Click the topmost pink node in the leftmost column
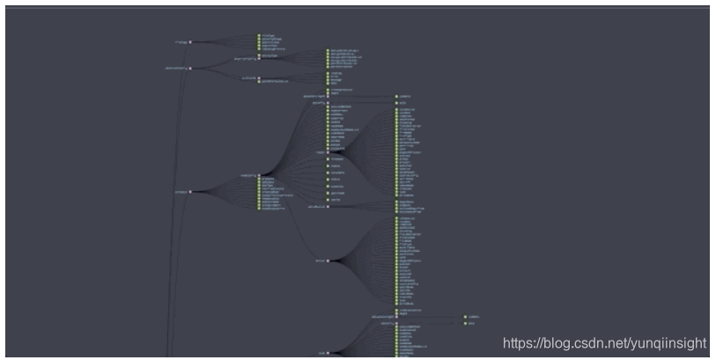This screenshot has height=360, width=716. pyautogui.click(x=189, y=41)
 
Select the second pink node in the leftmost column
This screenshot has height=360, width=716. pyautogui.click(x=189, y=68)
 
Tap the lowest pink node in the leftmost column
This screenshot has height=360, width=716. pyautogui.click(x=189, y=191)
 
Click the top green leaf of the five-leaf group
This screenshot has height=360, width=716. pyautogui.click(x=259, y=35)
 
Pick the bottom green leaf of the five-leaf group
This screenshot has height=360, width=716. pyautogui.click(x=259, y=49)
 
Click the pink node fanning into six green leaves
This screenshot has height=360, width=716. pyautogui.click(x=259, y=59)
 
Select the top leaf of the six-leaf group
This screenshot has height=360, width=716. pyautogui.click(x=328, y=51)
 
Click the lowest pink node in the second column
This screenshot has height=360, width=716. pyautogui.click(x=259, y=174)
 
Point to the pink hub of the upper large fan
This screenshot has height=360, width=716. pyautogui.click(x=328, y=151)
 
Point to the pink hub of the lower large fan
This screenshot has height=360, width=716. pyautogui.click(x=328, y=261)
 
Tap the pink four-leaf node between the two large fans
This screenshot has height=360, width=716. pyautogui.click(x=328, y=207)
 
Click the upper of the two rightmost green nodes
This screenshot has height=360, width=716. pyautogui.click(x=465, y=317)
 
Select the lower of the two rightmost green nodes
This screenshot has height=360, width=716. pyautogui.click(x=465, y=323)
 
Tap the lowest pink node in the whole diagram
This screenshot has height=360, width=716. pyautogui.click(x=328, y=353)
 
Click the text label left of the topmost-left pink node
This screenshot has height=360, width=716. pyautogui.click(x=180, y=41)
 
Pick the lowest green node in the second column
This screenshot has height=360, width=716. pyautogui.click(x=259, y=209)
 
